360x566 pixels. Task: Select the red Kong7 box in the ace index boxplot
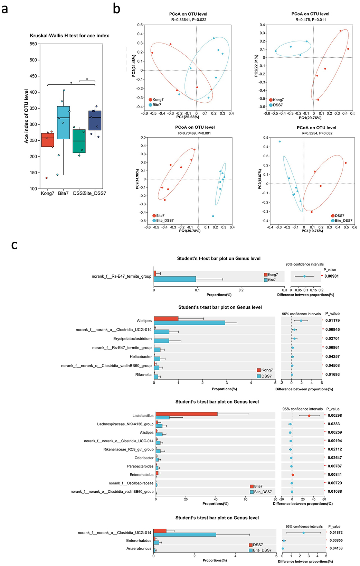coord(48,140)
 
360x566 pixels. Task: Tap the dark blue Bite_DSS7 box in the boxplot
coord(95,120)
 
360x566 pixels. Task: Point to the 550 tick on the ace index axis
coord(33,44)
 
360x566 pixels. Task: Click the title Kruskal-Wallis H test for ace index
coord(69,36)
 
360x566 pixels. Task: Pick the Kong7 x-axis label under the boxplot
coord(48,193)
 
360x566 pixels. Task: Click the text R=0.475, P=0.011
coord(310,20)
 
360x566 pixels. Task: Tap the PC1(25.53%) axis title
coord(188,117)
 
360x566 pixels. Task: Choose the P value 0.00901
coord(332,276)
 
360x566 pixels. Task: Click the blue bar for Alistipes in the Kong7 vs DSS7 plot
coord(189,323)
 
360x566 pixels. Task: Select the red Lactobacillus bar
coord(187,414)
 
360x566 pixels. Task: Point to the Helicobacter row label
coord(141,356)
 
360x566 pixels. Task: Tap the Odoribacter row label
coord(144,458)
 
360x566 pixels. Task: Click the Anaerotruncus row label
coord(139,548)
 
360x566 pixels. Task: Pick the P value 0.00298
coord(335,416)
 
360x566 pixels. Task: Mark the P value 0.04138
coord(335,548)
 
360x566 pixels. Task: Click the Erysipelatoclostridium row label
coord(132,338)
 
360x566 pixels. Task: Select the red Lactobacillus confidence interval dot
coord(309,416)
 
